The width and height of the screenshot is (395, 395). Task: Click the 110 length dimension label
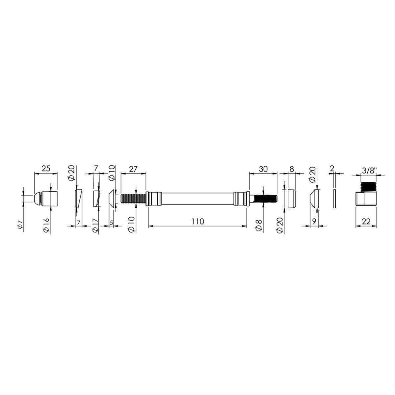197,222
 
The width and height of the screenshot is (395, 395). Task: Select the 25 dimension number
46,169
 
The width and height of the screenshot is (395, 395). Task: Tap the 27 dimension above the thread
133,169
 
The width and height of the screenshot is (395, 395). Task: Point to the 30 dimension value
263,169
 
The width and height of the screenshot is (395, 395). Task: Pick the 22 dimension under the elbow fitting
366,222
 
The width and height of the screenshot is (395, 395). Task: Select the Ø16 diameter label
46,225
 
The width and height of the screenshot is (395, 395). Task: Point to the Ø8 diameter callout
259,225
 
